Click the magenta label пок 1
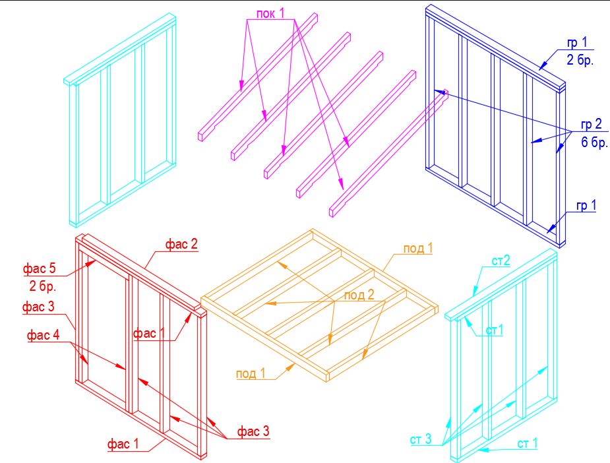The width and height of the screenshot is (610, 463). pyautogui.click(x=270, y=14)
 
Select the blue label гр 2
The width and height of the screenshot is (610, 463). pyautogui.click(x=591, y=125)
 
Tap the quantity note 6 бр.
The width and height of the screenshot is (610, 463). pyautogui.click(x=594, y=142)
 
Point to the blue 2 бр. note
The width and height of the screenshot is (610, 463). pyautogui.click(x=580, y=60)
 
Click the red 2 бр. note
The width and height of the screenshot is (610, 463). pyautogui.click(x=43, y=286)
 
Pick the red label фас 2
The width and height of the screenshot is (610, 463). pyautogui.click(x=181, y=244)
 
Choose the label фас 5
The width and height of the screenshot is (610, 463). pyautogui.click(x=40, y=268)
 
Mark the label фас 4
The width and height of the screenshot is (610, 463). pyautogui.click(x=43, y=335)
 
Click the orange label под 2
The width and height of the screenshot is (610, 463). pyautogui.click(x=359, y=295)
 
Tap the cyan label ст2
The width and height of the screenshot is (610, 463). pyautogui.click(x=501, y=261)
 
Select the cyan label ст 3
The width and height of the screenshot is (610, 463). pyautogui.click(x=421, y=439)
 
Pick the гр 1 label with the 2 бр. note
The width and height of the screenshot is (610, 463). pyautogui.click(x=577, y=43)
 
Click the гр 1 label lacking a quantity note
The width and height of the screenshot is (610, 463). pyautogui.click(x=586, y=205)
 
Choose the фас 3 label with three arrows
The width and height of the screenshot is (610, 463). pyautogui.click(x=253, y=431)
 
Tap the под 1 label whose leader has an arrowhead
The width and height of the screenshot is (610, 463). pyautogui.click(x=251, y=373)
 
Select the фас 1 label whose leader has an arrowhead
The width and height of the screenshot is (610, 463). pyautogui.click(x=150, y=334)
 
